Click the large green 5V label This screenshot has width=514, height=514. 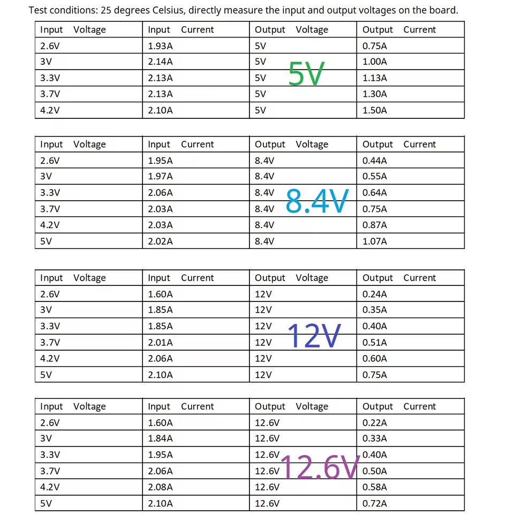306,74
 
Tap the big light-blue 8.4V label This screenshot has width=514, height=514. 317,201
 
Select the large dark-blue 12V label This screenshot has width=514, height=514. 314,336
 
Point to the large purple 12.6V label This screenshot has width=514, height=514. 319,467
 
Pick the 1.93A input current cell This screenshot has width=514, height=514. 160,46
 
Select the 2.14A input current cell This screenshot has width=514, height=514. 160,62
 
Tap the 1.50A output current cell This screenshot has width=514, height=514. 375,110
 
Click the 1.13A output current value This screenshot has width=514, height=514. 375,78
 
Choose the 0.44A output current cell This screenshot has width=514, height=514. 375,161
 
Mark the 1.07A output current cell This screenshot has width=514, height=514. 375,241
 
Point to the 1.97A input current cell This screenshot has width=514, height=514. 160,177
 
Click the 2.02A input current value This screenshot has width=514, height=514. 160,241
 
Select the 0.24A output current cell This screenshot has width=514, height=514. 375,294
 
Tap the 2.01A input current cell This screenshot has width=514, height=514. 160,343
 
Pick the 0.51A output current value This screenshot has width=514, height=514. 375,343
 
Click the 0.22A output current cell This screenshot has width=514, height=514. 375,423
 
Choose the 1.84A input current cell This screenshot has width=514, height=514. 160,439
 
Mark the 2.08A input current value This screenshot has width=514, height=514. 160,487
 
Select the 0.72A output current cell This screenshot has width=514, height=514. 375,504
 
